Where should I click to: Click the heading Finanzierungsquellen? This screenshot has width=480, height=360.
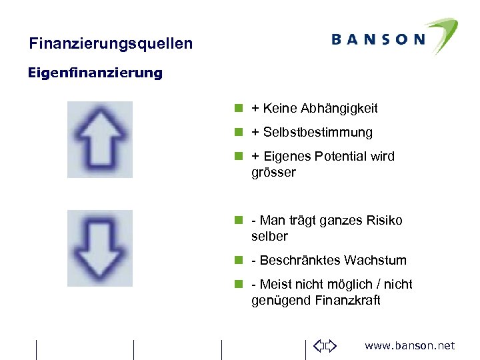pyautogui.click(x=111, y=44)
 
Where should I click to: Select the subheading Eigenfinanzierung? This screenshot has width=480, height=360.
pyautogui.click(x=95, y=73)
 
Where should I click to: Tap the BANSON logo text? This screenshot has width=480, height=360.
pyautogui.click(x=378, y=39)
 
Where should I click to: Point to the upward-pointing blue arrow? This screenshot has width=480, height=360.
pyautogui.click(x=100, y=139)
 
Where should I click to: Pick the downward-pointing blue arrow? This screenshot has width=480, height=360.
pyautogui.click(x=100, y=248)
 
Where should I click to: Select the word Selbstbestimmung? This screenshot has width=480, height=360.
pyautogui.click(x=317, y=132)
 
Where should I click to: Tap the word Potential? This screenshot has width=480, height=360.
pyautogui.click(x=336, y=157)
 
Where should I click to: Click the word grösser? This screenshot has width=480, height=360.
pyautogui.click(x=273, y=172)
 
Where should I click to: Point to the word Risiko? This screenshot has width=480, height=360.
pyautogui.click(x=384, y=220)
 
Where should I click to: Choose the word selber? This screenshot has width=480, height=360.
pyautogui.click(x=269, y=236)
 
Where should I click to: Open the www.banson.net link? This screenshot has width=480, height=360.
pyautogui.click(x=409, y=345)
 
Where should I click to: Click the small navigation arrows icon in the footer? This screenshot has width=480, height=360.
pyautogui.click(x=325, y=345)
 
